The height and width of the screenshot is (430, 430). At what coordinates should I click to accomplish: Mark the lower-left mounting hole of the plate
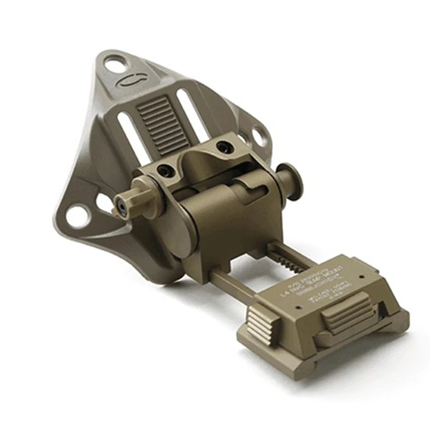(78, 216)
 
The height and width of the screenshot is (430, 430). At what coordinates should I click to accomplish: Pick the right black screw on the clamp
(222, 146)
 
